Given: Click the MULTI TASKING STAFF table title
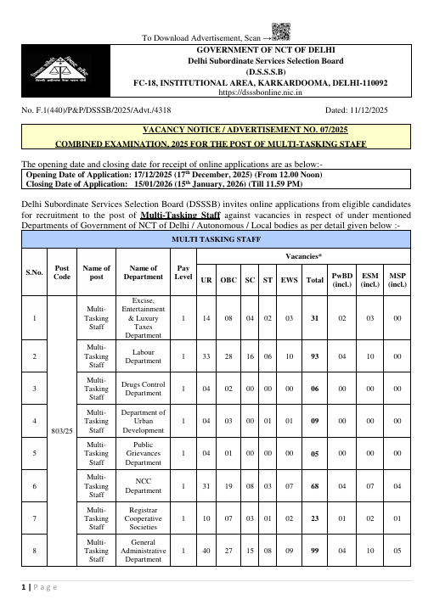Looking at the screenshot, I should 217,217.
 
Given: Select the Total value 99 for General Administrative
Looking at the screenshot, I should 314,551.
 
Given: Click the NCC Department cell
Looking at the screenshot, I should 143,487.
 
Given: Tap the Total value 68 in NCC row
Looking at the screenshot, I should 314,487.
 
